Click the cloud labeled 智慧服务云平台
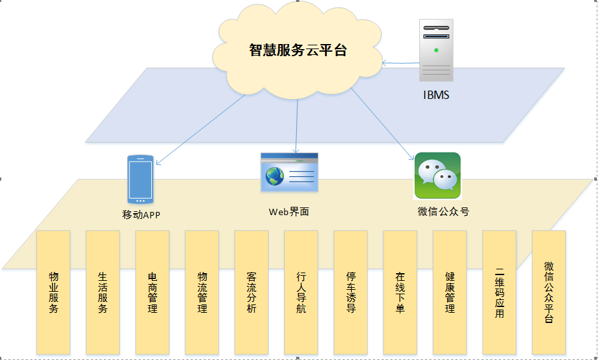[297, 51]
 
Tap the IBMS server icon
[436, 50]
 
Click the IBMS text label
[436, 95]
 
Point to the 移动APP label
[140, 215]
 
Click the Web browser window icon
[289, 172]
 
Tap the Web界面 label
[289, 211]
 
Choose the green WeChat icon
[437, 176]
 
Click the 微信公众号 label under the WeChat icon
[444, 211]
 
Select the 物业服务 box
[54, 292]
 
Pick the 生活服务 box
[103, 292]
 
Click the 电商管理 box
[153, 292]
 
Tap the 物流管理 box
[202, 292]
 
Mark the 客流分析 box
[251, 292]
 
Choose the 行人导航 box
[301, 292]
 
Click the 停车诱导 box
[350, 292]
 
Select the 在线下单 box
[400, 292]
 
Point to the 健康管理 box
[450, 292]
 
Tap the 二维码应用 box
[499, 292]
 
